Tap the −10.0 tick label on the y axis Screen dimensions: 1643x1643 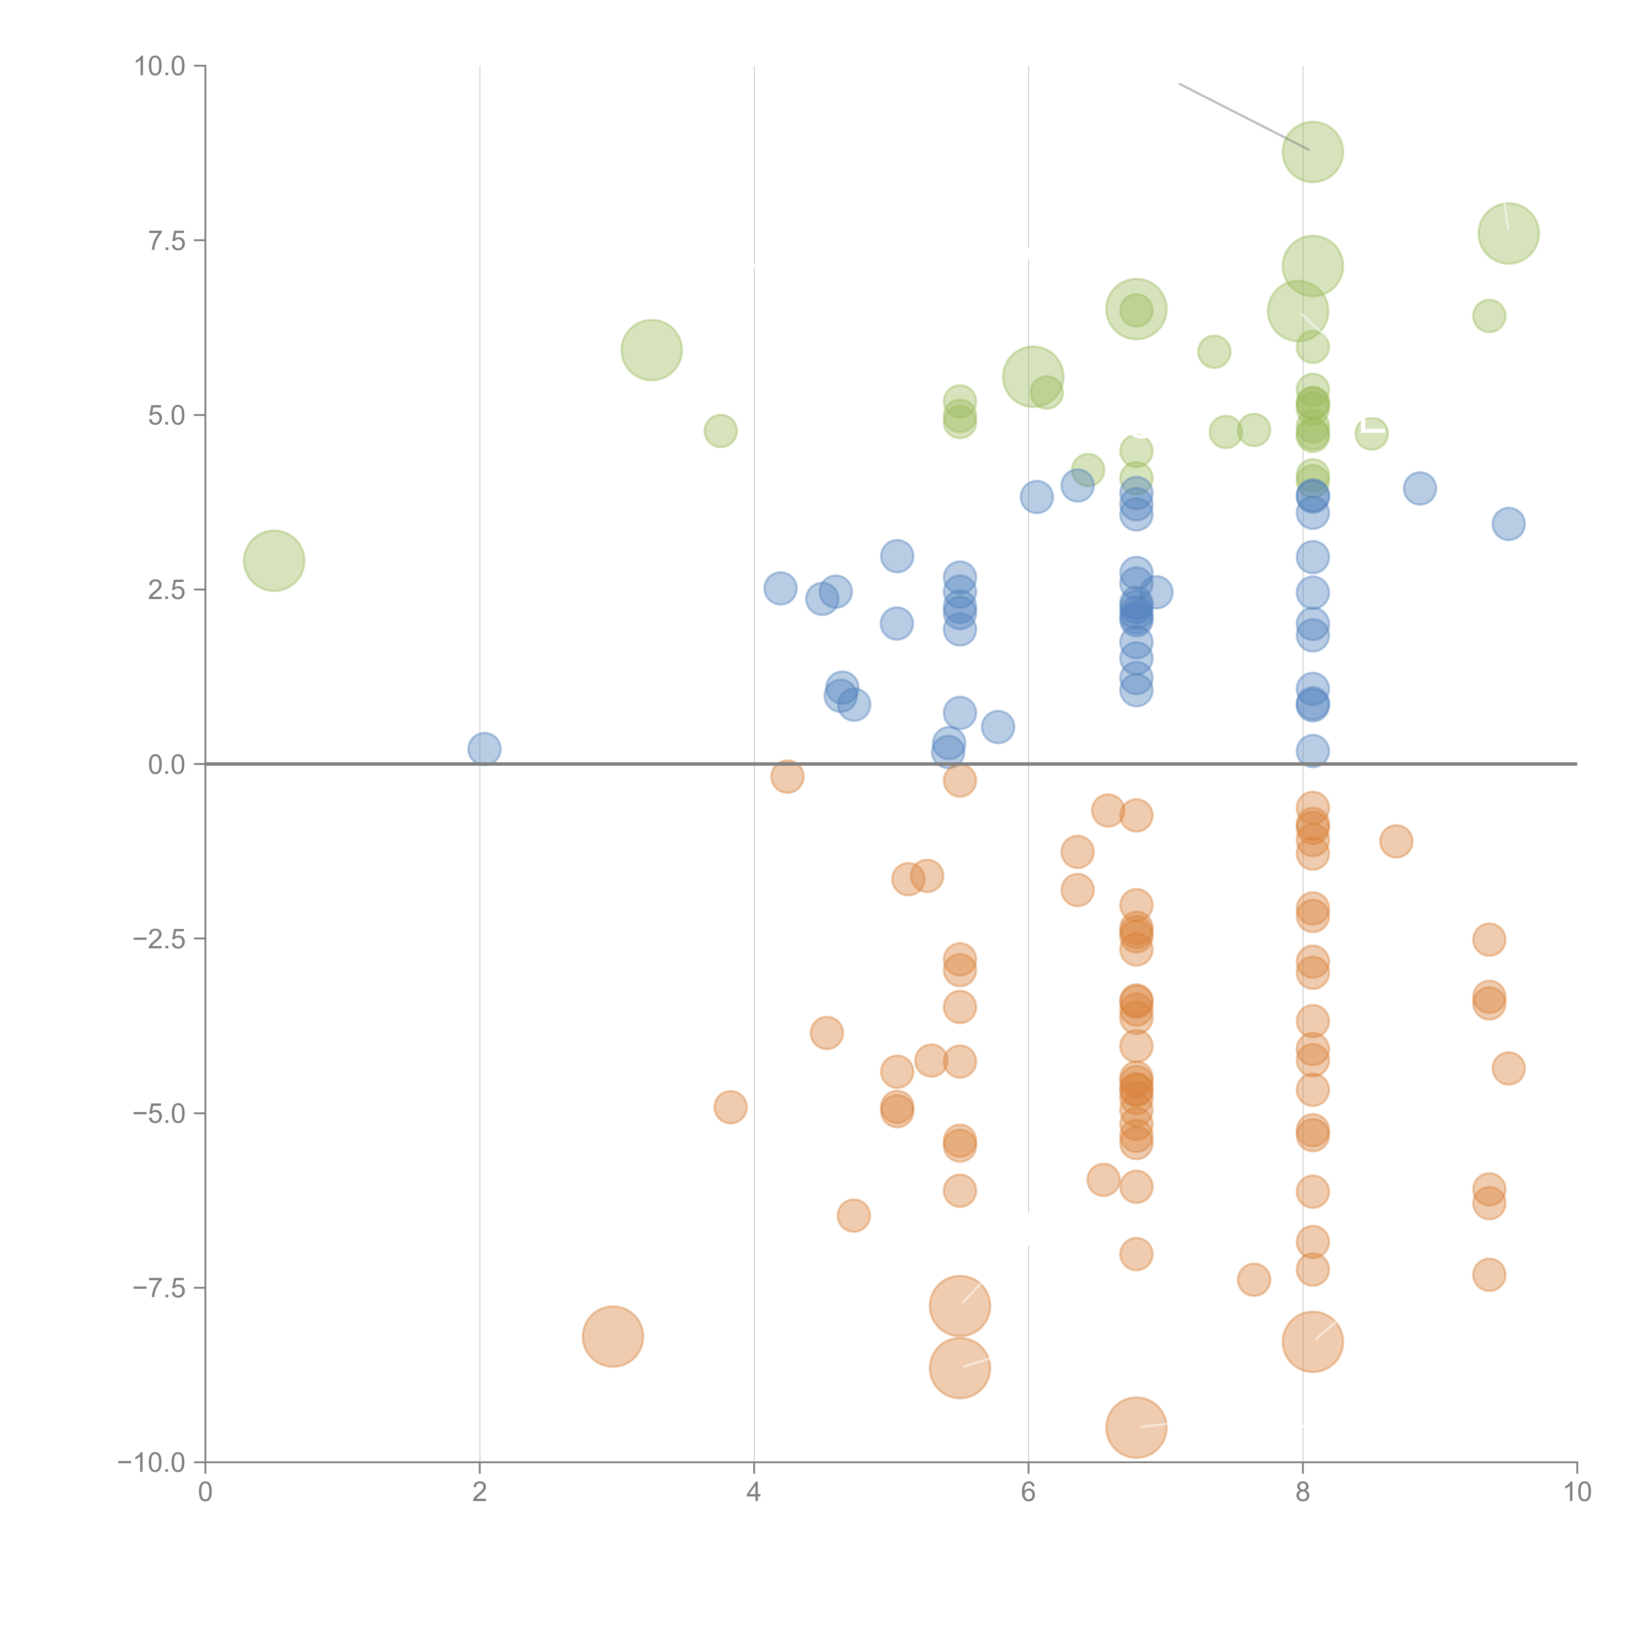[x=151, y=1463]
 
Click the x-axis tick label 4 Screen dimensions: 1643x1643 [x=753, y=1493]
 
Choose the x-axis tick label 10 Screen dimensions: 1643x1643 [x=1577, y=1493]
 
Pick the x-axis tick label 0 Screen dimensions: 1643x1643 [x=205, y=1493]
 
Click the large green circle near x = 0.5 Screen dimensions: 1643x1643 [x=274, y=560]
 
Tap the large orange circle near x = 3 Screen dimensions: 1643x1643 [x=612, y=1336]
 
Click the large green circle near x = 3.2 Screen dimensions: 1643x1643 [x=651, y=350]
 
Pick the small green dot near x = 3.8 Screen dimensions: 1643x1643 [x=720, y=431]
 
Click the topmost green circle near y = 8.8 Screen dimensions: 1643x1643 [x=1312, y=152]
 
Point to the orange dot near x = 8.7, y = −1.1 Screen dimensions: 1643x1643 [x=1396, y=842]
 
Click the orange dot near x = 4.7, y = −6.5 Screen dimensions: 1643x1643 [x=853, y=1215]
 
